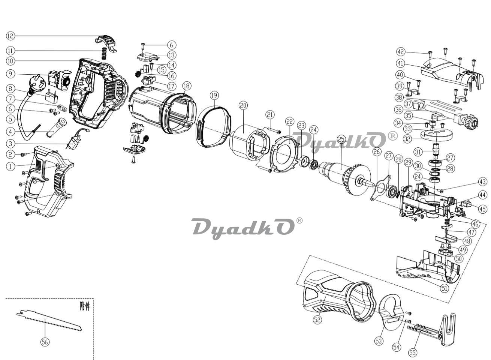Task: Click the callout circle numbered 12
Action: coord(10,36)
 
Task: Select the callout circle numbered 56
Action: coord(45,342)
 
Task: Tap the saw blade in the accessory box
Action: coord(49,320)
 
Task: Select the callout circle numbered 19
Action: coord(214,95)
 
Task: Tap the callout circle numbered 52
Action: coord(317,319)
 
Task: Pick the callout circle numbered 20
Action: coord(243,106)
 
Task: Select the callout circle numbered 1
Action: coord(10,166)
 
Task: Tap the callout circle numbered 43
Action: coord(482,181)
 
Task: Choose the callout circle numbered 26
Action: coord(377,152)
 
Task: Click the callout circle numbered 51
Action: coord(444,288)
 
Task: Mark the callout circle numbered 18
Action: coord(187,86)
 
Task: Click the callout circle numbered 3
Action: coord(10,144)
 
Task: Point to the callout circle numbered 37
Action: coord(408,104)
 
